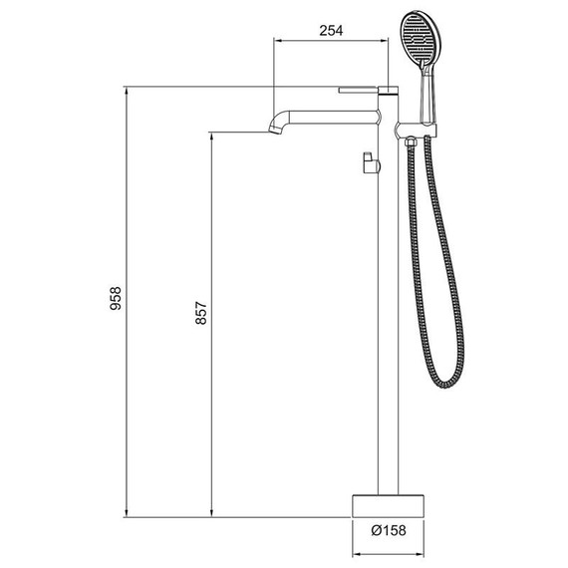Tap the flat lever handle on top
click(x=363, y=89)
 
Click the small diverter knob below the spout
click(x=369, y=161)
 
